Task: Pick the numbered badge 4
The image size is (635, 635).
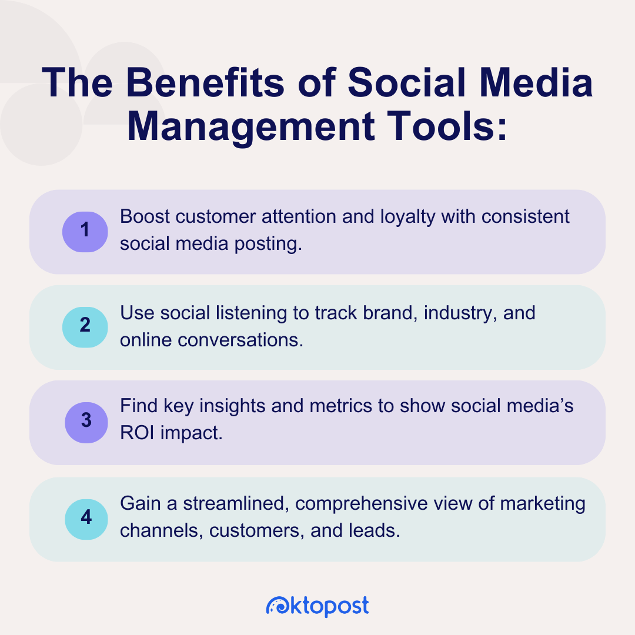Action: pyautogui.click(x=85, y=518)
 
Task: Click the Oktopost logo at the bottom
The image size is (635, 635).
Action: pyautogui.click(x=317, y=606)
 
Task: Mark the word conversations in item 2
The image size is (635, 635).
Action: pyautogui.click(x=243, y=339)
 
